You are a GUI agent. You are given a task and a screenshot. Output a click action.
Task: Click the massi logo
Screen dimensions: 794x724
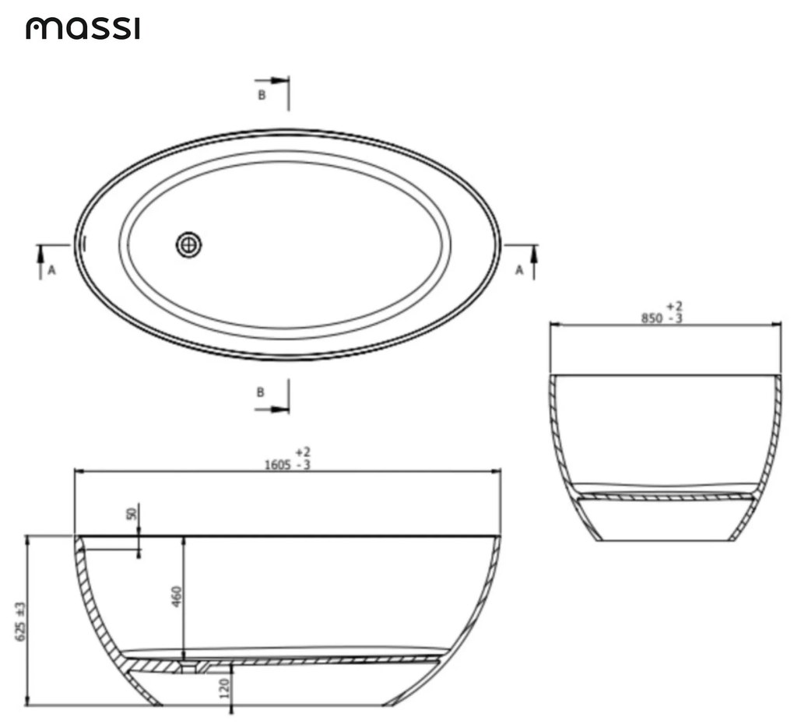83,28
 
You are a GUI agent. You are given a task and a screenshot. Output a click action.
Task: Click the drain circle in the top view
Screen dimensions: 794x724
189,245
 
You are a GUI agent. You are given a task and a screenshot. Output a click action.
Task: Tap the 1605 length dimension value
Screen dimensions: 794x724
277,465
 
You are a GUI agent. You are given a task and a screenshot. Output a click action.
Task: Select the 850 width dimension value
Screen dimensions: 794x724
652,318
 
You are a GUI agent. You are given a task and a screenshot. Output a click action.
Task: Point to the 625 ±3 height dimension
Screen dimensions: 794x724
21,621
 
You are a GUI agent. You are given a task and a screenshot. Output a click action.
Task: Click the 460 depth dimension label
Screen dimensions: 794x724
177,596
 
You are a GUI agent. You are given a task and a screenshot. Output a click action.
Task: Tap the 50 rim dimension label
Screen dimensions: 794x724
132,514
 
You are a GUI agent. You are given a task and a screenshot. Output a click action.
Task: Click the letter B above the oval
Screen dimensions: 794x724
262,95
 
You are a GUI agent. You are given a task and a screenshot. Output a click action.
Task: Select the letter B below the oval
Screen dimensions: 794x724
260,392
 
